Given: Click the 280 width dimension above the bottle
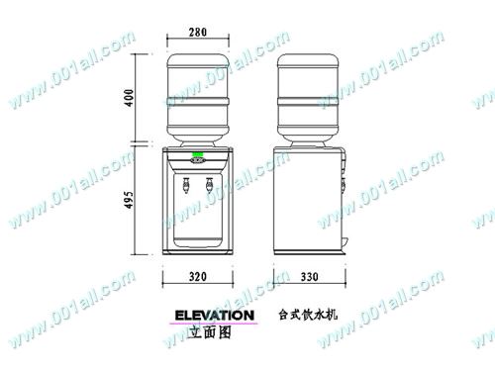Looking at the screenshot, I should tap(198, 33).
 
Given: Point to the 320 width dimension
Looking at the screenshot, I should tap(198, 277).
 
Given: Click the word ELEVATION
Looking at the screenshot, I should tap(214, 316).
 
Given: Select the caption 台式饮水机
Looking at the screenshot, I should tap(309, 316).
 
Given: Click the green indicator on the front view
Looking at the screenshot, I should tap(198, 155).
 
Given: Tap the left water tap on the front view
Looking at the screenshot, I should tap(184, 185).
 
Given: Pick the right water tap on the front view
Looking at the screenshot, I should tap(210, 185).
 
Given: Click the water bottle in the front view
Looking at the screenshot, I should tap(198, 94).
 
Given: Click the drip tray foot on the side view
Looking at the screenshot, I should tap(346, 244).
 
